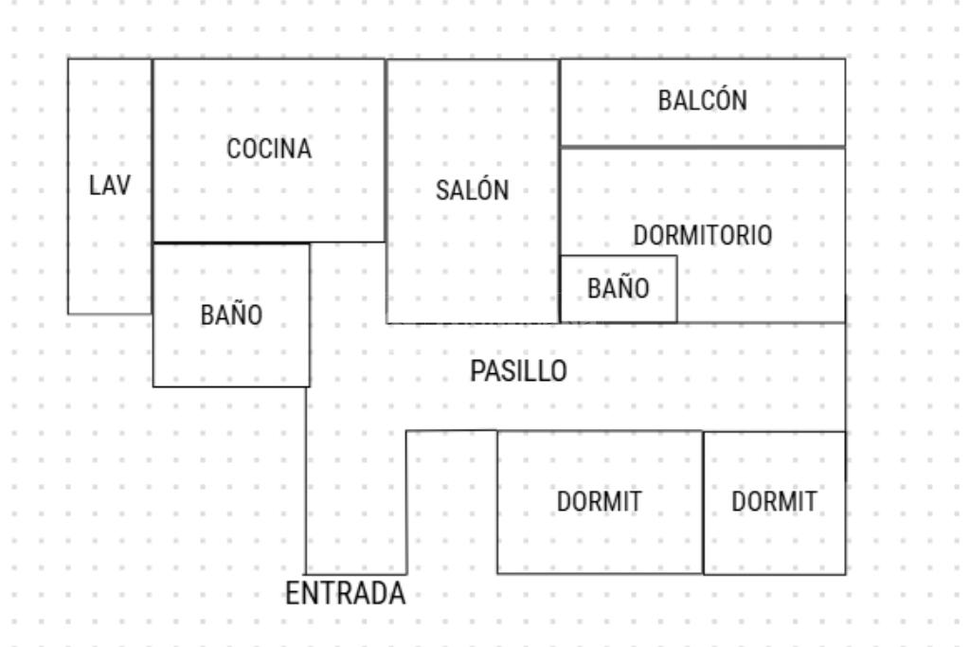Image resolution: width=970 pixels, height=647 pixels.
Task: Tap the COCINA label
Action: [x=269, y=149]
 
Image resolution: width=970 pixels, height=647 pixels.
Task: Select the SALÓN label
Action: [x=472, y=190]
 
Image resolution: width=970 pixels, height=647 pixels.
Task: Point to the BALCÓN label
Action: [x=703, y=100]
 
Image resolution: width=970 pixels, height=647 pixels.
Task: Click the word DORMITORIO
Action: [x=703, y=235]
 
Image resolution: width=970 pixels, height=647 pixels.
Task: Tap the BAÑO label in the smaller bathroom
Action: [x=619, y=289]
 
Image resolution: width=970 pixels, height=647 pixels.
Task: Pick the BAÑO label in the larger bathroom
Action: [x=231, y=315]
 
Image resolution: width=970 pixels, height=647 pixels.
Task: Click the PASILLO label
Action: [x=518, y=370]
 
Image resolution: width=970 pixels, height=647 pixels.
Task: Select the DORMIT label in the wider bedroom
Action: [x=599, y=503]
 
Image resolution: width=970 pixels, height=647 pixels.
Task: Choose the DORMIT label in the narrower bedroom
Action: [x=774, y=503]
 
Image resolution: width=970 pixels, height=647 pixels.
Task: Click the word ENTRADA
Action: [x=346, y=594]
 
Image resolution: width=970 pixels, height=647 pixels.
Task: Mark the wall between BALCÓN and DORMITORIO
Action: [x=703, y=146]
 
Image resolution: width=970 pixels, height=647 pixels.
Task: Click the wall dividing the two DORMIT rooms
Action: [x=703, y=502]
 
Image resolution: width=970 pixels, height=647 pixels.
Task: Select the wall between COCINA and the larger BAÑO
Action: [x=231, y=243]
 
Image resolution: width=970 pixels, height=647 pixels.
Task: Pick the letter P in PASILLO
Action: [x=476, y=370]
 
